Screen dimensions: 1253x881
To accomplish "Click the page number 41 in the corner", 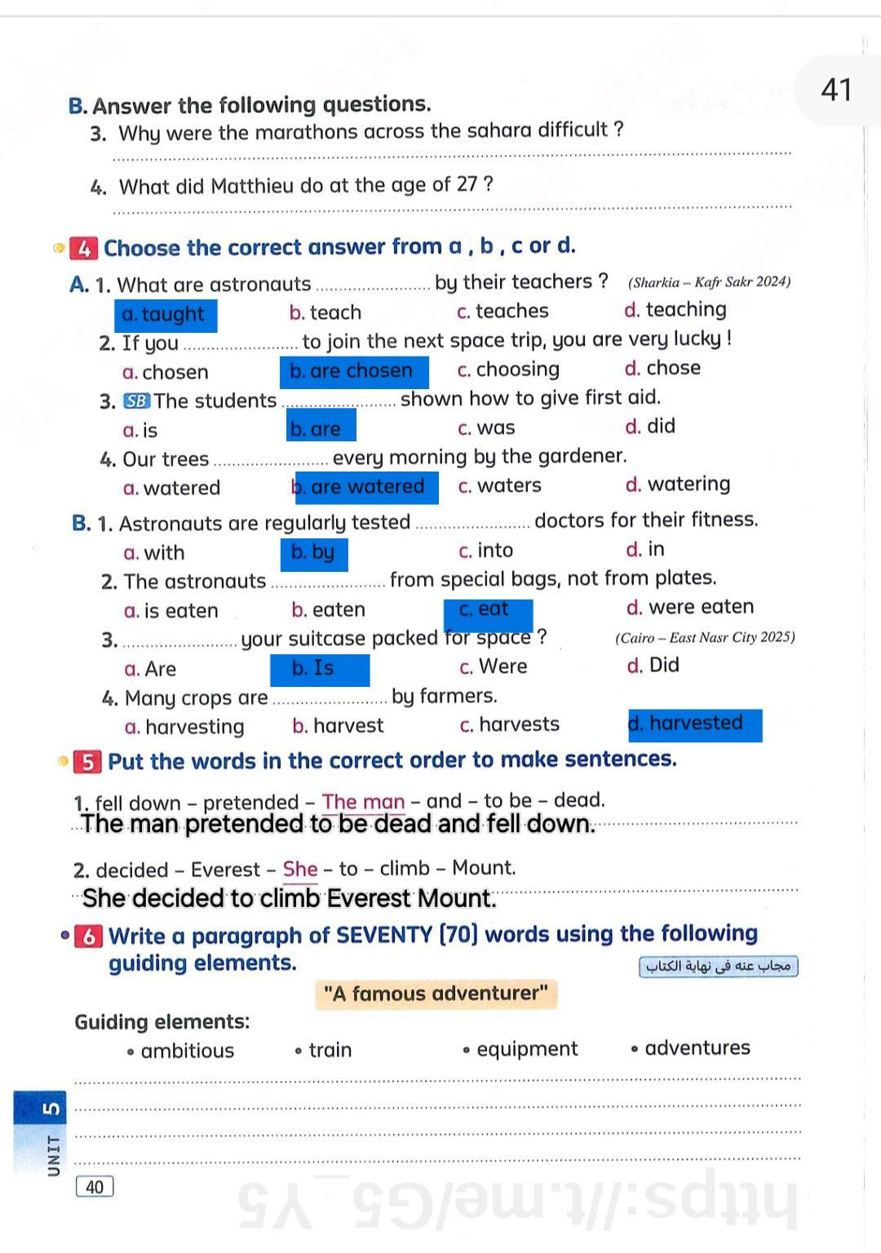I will coord(836,89).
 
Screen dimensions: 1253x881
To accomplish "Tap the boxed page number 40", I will coord(95,1187).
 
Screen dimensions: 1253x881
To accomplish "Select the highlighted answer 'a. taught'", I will coord(166,315).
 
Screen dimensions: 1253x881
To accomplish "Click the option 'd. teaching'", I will coord(675,310).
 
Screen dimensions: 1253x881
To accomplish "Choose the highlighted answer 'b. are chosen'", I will coord(353,372).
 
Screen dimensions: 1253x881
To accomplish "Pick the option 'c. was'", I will coord(486,428).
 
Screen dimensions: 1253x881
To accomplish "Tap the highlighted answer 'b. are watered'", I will coord(366,488).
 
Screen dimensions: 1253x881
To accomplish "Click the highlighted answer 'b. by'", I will coord(313,554).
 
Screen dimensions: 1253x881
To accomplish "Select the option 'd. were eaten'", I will coord(689,608).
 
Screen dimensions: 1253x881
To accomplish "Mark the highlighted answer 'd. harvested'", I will coord(694,724).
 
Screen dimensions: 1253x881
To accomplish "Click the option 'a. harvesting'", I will coord(184,727).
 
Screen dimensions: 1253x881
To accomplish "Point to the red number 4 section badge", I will coord(84,248).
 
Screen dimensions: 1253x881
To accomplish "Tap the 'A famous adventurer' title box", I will coord(436,994).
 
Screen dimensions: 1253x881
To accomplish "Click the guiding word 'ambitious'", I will coord(187,1051).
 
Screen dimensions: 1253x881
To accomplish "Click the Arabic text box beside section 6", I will coord(718,967).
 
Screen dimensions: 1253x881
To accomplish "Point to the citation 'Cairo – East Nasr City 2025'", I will coord(705,638).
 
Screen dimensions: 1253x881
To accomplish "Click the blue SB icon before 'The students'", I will coord(136,401).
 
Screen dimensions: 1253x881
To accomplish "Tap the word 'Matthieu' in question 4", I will coord(252,187).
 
